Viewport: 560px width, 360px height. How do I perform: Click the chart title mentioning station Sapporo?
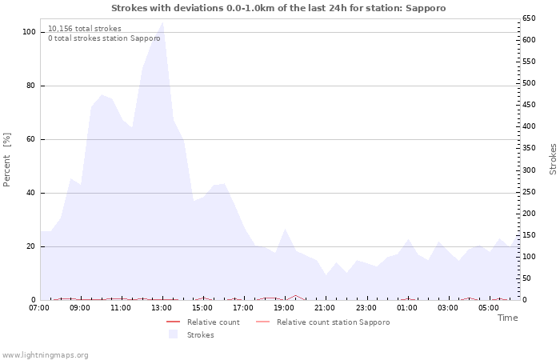click(x=278, y=8)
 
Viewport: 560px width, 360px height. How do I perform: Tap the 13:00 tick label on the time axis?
click(x=162, y=307)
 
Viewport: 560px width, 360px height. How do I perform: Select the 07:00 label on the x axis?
click(x=39, y=307)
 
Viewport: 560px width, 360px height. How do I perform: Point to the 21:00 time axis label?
click(x=325, y=307)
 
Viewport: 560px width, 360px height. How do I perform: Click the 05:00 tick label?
click(x=489, y=307)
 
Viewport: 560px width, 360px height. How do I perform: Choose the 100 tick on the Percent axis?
click(x=29, y=32)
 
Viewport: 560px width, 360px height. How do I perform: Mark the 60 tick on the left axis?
click(x=31, y=139)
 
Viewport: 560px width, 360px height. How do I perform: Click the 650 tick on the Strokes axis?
click(x=530, y=18)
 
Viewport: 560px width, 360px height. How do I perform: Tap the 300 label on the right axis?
click(x=530, y=170)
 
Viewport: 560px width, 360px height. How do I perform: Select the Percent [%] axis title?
click(x=7, y=160)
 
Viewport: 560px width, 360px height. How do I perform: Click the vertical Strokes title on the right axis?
click(x=553, y=158)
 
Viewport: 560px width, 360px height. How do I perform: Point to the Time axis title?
click(x=507, y=318)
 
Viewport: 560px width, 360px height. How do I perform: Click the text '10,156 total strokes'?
click(x=84, y=29)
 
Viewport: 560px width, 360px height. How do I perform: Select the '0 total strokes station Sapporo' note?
click(x=104, y=38)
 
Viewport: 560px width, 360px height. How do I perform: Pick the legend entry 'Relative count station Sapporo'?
click(x=333, y=322)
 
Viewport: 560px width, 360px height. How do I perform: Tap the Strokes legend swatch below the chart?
click(x=173, y=335)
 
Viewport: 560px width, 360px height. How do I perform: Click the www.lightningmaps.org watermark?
click(x=46, y=355)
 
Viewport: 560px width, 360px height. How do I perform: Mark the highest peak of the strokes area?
click(x=162, y=22)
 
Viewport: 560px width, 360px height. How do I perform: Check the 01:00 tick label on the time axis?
click(x=407, y=307)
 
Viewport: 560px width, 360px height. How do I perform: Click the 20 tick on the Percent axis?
click(x=31, y=246)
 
